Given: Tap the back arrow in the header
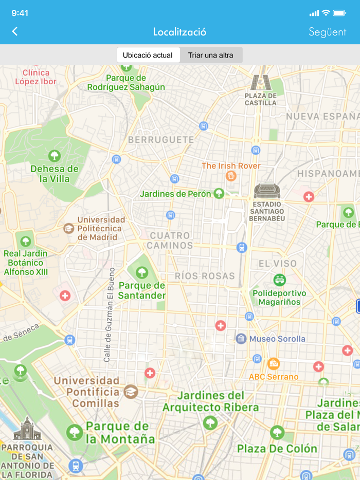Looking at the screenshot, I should click(x=15, y=31).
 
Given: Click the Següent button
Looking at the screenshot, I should click(x=327, y=32).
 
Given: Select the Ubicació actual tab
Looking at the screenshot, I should click(x=148, y=55).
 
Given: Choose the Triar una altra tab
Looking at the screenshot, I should click(x=210, y=55).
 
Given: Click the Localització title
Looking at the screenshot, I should click(x=179, y=32).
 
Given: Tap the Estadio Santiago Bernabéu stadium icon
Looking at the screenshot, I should click(x=267, y=191).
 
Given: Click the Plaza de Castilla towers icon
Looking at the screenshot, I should click(x=260, y=82).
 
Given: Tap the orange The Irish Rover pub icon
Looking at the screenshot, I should click(x=231, y=176).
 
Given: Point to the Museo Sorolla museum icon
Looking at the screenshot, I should click(x=241, y=338).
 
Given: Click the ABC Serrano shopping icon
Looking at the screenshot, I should click(x=274, y=364).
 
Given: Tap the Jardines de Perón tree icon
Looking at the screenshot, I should click(x=219, y=193).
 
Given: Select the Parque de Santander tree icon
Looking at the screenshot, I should click(x=142, y=272).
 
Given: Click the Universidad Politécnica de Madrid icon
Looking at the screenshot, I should click(x=68, y=228).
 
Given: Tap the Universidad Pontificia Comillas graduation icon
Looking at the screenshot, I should click(x=131, y=391).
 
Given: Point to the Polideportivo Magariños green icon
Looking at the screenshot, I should click(x=279, y=280).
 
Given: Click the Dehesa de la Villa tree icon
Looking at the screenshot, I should click(x=55, y=156).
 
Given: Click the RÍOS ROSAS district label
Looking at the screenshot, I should click(x=205, y=276).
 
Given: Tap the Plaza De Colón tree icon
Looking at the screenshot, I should click(x=277, y=432).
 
